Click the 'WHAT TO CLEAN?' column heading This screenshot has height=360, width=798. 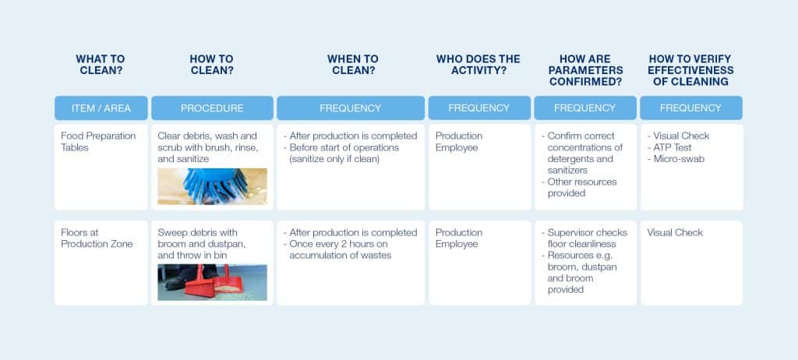point(101,65)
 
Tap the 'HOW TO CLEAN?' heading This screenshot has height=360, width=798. point(212,65)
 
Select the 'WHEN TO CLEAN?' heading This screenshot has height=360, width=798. point(353,65)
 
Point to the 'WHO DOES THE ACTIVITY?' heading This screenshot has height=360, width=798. point(478,65)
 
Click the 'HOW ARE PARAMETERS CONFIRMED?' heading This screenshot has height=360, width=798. point(584,70)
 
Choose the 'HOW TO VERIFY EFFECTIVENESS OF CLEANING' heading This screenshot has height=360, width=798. point(690,70)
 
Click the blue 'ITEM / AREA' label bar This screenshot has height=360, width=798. point(101,108)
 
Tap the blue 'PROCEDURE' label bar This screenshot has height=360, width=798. point(212,108)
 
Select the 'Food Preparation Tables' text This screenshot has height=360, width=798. point(98,142)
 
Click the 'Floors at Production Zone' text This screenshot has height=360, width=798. point(97,238)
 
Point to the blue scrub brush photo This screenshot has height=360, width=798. point(212,186)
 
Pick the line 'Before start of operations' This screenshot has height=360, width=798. point(344,147)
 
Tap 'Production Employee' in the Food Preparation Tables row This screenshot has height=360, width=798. point(459,142)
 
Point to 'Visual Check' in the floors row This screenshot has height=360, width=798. point(675,233)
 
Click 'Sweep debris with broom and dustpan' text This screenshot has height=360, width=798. point(202,238)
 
